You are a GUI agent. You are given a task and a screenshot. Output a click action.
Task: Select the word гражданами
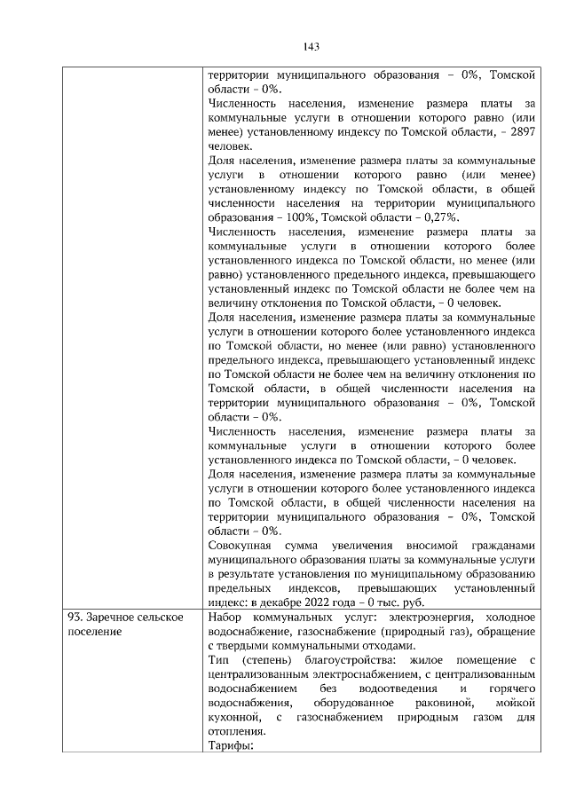[501, 544]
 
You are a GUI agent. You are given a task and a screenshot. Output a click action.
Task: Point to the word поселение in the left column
[94, 631]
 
